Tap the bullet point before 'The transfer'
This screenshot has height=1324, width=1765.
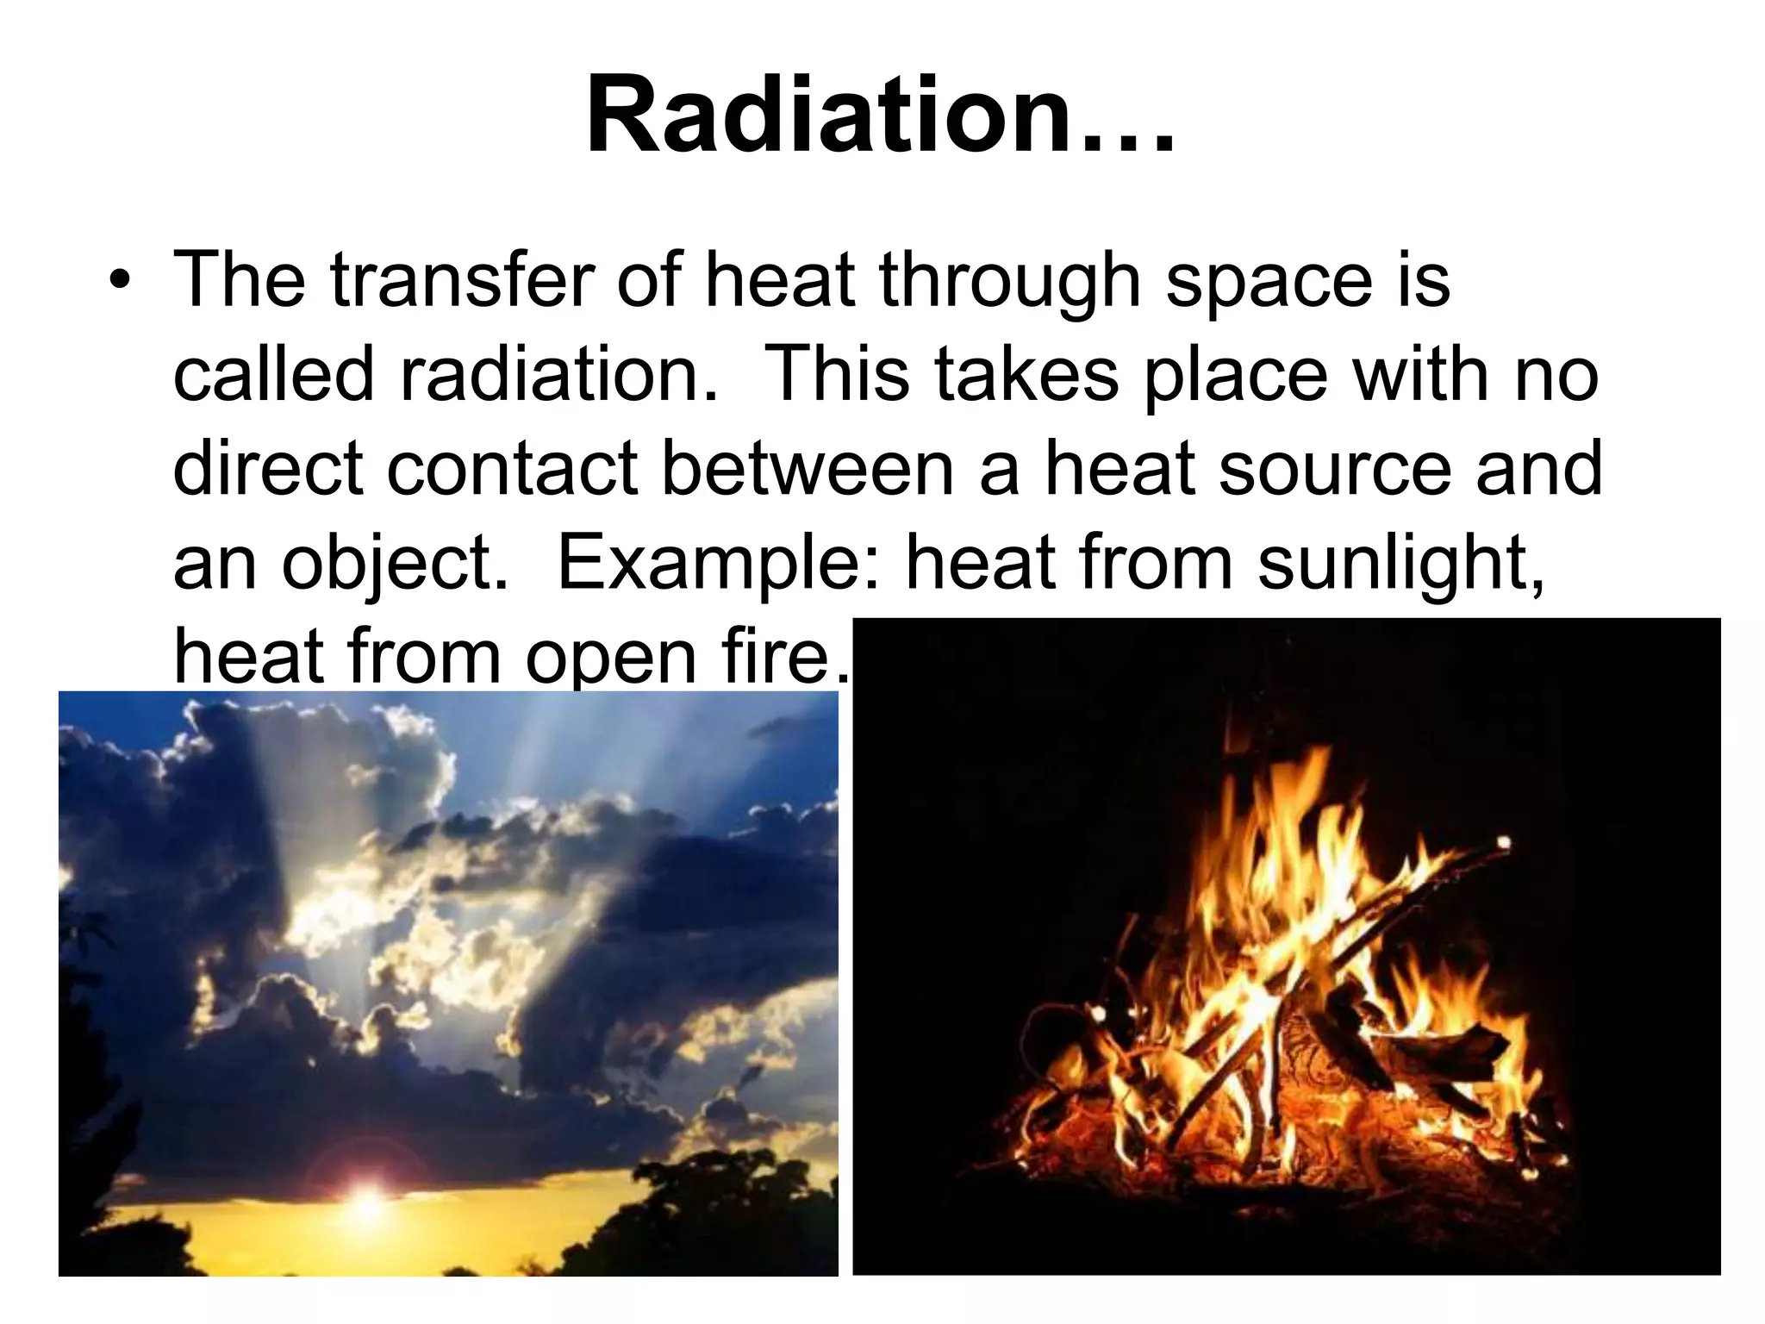pyautogui.click(x=121, y=285)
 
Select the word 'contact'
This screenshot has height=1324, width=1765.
pyautogui.click(x=514, y=469)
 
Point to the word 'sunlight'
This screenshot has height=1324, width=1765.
pyautogui.click(x=1397, y=565)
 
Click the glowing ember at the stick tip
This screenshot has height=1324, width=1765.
pyautogui.click(x=1504, y=842)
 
